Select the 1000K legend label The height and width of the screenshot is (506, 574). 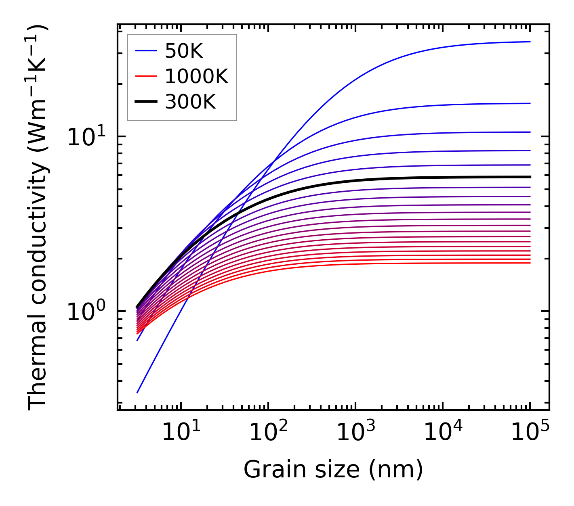click(196, 76)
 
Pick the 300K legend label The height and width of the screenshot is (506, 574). click(190, 102)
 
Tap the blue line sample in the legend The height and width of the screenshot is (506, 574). click(145, 51)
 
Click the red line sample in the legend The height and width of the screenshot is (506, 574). click(145, 76)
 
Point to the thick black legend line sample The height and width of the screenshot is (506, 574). click(145, 102)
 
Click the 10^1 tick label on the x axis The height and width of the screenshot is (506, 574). click(181, 433)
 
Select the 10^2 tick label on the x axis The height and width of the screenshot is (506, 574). click(268, 433)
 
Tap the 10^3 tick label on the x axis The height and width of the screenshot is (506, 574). click(355, 433)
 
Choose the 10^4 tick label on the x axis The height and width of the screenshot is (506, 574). click(443, 433)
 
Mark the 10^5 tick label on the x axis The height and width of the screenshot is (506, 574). click(530, 433)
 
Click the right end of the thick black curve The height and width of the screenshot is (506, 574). click(530, 177)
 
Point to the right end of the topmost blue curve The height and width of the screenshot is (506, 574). click(530, 42)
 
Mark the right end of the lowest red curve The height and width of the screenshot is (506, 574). click(530, 263)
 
